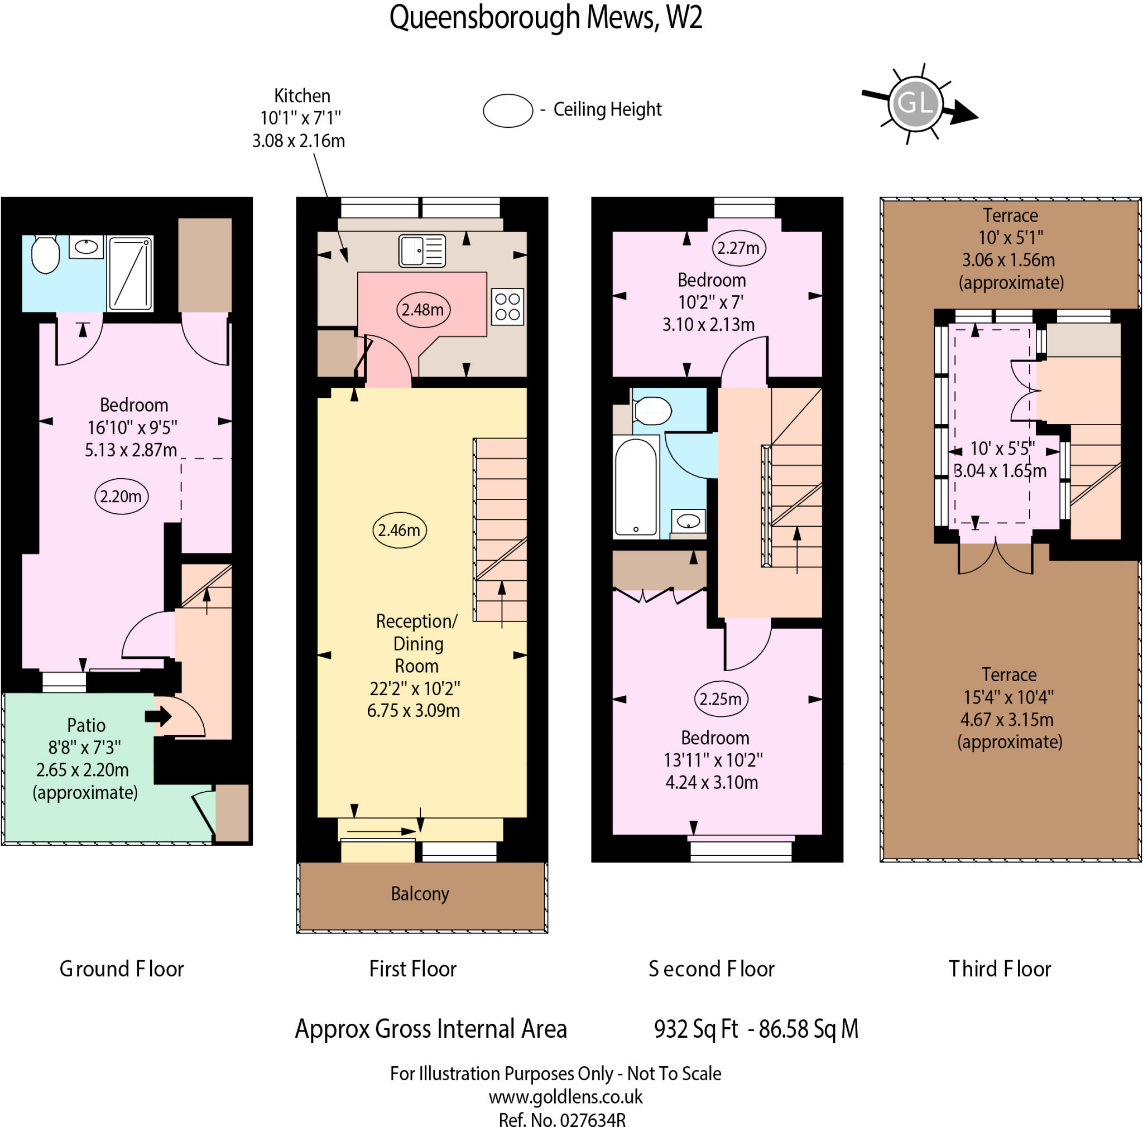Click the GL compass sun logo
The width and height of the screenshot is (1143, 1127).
tap(915, 103)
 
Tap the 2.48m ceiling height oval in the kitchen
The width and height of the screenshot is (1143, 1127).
tap(423, 309)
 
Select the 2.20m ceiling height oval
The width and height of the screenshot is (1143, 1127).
tap(121, 496)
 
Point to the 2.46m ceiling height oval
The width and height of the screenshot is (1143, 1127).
tap(400, 530)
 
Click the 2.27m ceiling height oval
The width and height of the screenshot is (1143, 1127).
tap(738, 248)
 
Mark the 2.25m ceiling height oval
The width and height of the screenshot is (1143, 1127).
tap(721, 699)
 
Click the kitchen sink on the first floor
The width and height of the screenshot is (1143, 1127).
tap(422, 251)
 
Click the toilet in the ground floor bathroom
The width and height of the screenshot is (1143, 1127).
tap(45, 255)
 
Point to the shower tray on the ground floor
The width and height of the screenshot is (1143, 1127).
tap(130, 273)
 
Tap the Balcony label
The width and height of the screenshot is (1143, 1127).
tap(420, 893)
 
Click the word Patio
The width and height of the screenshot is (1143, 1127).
tap(87, 725)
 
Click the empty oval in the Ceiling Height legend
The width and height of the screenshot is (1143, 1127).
tap(508, 110)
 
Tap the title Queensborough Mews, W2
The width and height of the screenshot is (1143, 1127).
tap(545, 18)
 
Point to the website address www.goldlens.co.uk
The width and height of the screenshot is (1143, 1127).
tap(565, 1097)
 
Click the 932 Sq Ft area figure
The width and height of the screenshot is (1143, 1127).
tap(696, 1029)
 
